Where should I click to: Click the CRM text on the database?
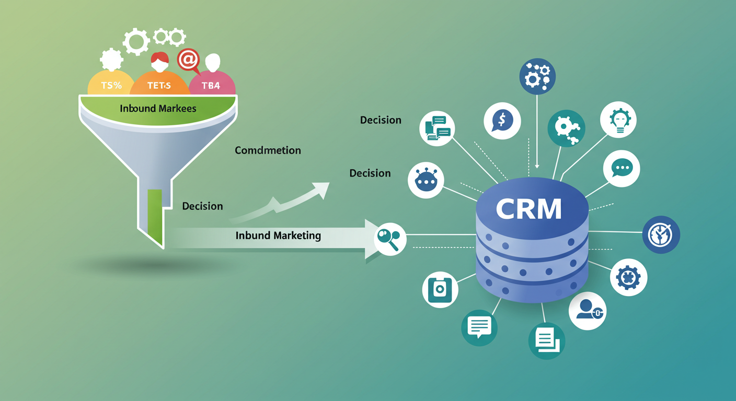click(x=528, y=209)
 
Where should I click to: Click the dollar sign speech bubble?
click(x=502, y=120)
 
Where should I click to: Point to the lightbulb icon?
click(x=618, y=120)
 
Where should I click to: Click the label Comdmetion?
click(x=268, y=150)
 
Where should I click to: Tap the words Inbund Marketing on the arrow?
click(x=278, y=235)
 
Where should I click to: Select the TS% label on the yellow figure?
click(x=111, y=85)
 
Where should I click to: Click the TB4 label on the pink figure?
click(x=211, y=86)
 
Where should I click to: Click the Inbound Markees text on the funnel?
click(x=158, y=109)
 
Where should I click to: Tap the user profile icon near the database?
click(x=587, y=311)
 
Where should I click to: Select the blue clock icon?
click(x=661, y=235)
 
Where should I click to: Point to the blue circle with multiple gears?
click(x=537, y=77)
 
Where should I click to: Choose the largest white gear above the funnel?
click(x=136, y=42)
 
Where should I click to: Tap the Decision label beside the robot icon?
click(x=370, y=173)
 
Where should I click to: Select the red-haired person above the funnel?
click(x=159, y=63)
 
